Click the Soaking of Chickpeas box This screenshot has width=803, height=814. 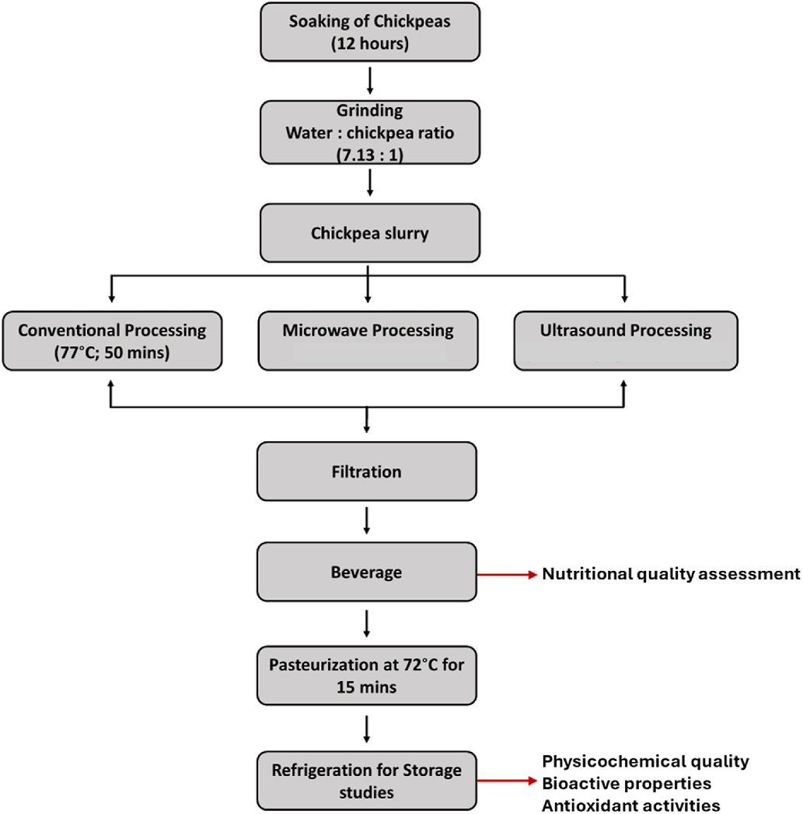[370, 32]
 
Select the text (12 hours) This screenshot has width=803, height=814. [370, 43]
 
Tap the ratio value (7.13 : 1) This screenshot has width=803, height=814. [370, 155]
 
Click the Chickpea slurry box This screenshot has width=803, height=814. [370, 233]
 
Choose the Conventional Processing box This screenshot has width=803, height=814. [112, 341]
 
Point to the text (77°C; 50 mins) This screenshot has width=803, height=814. [112, 353]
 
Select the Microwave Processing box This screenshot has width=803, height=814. [368, 341]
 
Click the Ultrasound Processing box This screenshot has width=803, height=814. [626, 341]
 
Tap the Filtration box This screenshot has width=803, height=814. [367, 471]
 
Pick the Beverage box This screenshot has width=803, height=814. [367, 572]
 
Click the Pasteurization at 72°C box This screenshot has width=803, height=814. [367, 676]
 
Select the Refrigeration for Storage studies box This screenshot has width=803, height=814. [367, 781]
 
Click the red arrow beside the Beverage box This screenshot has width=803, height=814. [507, 575]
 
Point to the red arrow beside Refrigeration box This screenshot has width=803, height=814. [507, 781]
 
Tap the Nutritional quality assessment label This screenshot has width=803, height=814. [671, 574]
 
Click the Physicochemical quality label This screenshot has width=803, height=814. [646, 761]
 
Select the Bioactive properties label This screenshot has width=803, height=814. [627, 784]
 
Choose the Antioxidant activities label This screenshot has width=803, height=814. [631, 805]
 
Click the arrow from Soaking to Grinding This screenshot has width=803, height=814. [370, 81]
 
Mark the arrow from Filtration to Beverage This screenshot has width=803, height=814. [367, 520]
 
